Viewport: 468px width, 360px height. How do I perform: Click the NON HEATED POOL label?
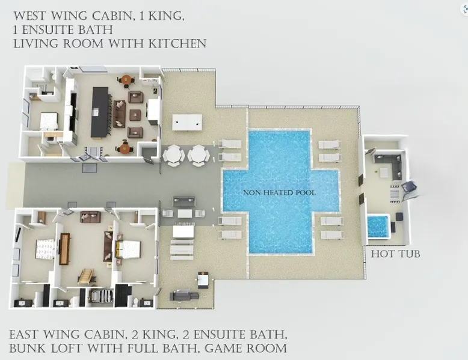[x=279, y=193]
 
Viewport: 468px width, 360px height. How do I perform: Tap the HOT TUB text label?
[x=395, y=254]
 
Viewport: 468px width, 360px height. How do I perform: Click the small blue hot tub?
[x=378, y=226]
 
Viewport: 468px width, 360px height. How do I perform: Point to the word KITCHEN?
[x=177, y=44]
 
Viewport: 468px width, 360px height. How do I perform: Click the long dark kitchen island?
[x=100, y=112]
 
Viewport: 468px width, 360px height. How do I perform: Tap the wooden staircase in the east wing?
[x=86, y=276]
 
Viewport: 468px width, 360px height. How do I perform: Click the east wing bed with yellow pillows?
[x=128, y=249]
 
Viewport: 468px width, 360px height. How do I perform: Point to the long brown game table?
[x=64, y=249]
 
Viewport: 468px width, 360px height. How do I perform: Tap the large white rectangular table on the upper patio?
[x=187, y=122]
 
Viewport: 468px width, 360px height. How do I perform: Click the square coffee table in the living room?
[x=135, y=115]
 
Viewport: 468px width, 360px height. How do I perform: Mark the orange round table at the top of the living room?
[x=126, y=80]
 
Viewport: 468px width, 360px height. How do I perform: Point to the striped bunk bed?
[x=101, y=296]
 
